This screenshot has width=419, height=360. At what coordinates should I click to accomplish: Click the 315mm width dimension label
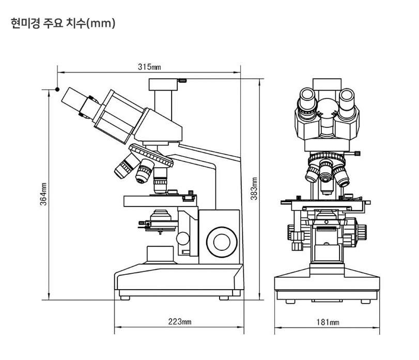pos(149,67)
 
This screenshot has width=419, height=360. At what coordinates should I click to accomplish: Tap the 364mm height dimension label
pos(43,194)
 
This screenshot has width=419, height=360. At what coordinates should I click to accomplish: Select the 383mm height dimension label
pos(254,189)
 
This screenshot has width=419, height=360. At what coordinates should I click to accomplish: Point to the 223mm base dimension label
pos(180,321)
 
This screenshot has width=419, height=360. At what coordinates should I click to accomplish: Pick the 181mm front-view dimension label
pos(328,322)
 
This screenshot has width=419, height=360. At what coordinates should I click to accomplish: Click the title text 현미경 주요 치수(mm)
pos(63,23)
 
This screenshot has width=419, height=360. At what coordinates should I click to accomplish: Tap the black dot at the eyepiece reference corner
pos(57,89)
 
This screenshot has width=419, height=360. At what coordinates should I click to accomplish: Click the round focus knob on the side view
pos(222,242)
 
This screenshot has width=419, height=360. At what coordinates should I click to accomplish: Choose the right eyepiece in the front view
pos(347,101)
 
